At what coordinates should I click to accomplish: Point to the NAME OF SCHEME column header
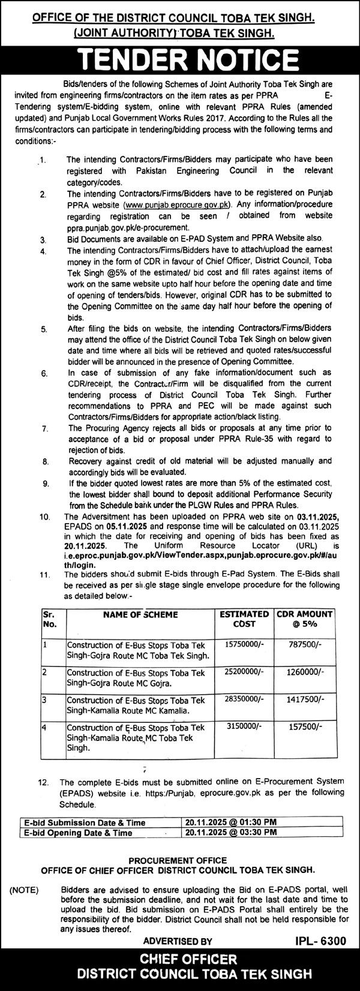(x=140, y=614)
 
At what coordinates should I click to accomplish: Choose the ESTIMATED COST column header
(x=244, y=618)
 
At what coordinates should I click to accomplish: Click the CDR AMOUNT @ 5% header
(x=304, y=618)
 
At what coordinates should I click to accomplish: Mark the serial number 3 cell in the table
(x=44, y=699)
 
